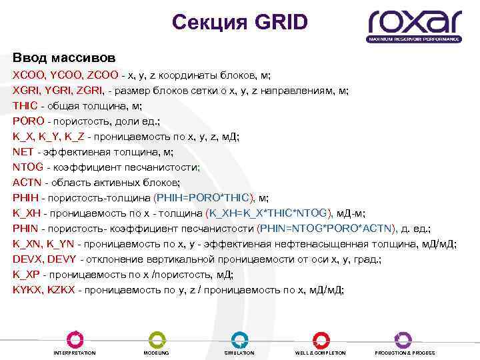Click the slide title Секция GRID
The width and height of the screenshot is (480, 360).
[239, 23]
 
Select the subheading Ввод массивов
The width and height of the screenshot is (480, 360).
[64, 58]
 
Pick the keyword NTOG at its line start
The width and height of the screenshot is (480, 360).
[27, 167]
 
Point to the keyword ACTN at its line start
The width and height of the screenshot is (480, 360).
[26, 182]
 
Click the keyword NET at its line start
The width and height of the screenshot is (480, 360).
[23, 151]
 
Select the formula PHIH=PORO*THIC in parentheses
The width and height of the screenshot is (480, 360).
[205, 197]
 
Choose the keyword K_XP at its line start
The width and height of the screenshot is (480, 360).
[26, 274]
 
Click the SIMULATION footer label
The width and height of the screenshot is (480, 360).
[239, 353]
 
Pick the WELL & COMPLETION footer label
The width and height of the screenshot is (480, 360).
[321, 353]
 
